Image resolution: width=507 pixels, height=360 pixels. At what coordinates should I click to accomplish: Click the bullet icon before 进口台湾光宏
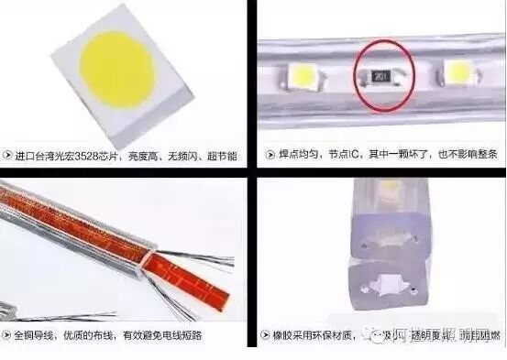click(x=8, y=157)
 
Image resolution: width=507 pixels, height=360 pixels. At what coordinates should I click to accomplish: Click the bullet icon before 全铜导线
click(x=8, y=334)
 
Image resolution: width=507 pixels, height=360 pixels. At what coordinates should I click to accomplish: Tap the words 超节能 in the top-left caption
click(x=219, y=157)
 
